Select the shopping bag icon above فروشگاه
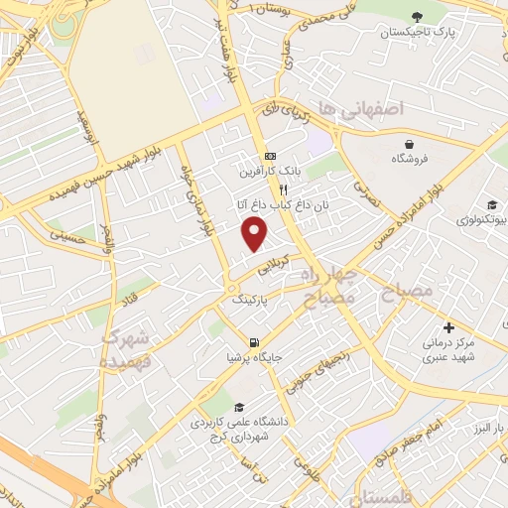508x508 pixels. point(410,144)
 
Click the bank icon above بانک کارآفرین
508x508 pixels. point(270,157)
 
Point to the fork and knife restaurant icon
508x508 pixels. point(283,189)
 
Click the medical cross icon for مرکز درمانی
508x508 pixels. point(448,327)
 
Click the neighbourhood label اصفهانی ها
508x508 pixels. point(357,109)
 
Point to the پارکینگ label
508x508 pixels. point(249,298)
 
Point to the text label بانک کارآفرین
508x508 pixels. point(267,172)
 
